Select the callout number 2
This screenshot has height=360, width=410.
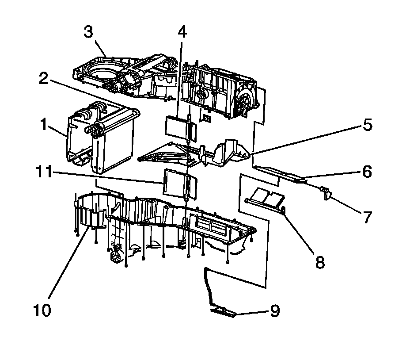coord(43,78)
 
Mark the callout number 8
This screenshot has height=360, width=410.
coord(319,262)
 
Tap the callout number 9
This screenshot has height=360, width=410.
coord(275,311)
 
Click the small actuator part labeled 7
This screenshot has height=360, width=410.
coord(326,192)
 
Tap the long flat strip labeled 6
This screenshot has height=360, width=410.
coord(281,173)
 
